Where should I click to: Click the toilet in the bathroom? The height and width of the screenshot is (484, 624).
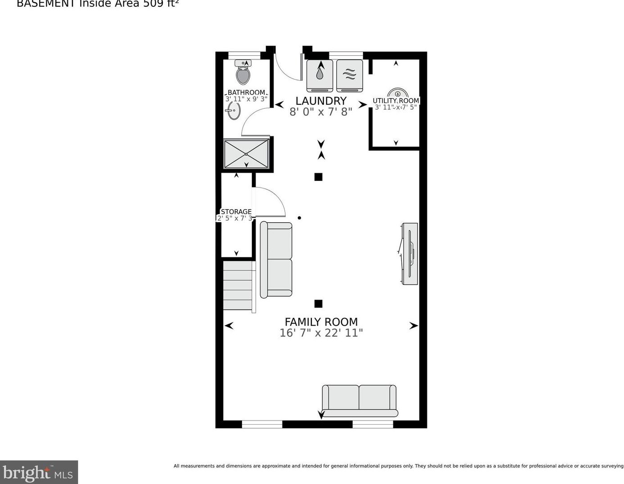coord(243,73)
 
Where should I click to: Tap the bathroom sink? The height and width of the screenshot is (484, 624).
coord(233,110)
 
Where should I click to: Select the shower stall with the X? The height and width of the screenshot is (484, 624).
coord(246,154)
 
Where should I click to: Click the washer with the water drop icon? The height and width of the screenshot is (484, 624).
coord(319,75)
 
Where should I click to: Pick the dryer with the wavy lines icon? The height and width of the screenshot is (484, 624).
coord(350,75)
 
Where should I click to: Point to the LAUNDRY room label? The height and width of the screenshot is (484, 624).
coord(321,101)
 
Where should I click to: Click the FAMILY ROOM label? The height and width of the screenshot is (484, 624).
coord(321,322)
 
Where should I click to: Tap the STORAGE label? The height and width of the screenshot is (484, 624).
coord(236,211)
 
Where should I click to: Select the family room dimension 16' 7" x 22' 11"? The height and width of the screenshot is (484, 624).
coord(321,333)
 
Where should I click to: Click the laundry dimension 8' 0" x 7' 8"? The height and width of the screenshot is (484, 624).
coord(321,112)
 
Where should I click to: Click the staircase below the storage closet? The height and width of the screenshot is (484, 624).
coord(238,285)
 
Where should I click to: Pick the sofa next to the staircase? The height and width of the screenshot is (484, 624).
coord(276,260)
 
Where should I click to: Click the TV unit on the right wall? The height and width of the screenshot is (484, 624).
coord(409,253)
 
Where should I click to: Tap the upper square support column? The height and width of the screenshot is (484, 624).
coord(318,177)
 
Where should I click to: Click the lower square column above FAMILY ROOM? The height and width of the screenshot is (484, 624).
coord(318,304)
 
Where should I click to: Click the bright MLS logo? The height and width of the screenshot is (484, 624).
coord(39,472)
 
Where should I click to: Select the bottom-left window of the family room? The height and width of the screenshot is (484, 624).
coord(262,424)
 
